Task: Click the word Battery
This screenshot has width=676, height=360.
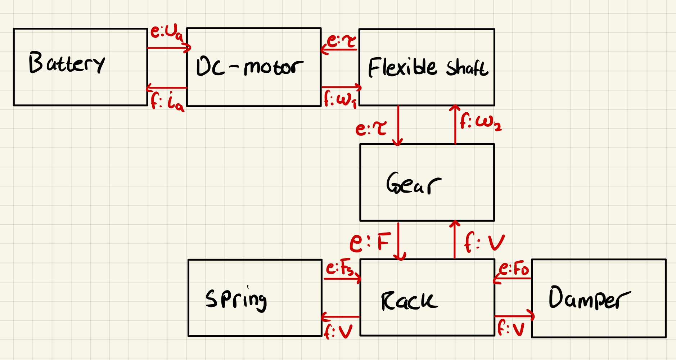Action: [67, 63]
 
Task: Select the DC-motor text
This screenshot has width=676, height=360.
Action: [249, 67]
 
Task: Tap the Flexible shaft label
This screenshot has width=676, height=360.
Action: [428, 68]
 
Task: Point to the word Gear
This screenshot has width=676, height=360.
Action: [414, 184]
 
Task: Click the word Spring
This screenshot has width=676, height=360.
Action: [236, 299]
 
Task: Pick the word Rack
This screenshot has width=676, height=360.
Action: [409, 301]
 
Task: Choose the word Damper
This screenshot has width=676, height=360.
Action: [589, 298]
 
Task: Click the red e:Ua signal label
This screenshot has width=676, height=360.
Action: [167, 33]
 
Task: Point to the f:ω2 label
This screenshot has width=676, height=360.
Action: [481, 121]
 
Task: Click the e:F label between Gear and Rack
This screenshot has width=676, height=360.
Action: [370, 242]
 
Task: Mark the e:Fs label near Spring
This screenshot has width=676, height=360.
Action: [339, 269]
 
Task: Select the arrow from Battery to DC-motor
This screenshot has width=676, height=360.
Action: [168, 48]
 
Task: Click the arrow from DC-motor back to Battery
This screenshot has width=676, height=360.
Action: [167, 87]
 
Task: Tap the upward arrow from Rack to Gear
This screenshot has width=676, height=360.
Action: [455, 239]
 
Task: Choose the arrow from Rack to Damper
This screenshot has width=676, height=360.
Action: [514, 316]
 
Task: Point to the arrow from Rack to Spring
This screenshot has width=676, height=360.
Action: [341, 317]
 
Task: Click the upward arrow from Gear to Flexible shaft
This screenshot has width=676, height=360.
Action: [455, 125]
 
